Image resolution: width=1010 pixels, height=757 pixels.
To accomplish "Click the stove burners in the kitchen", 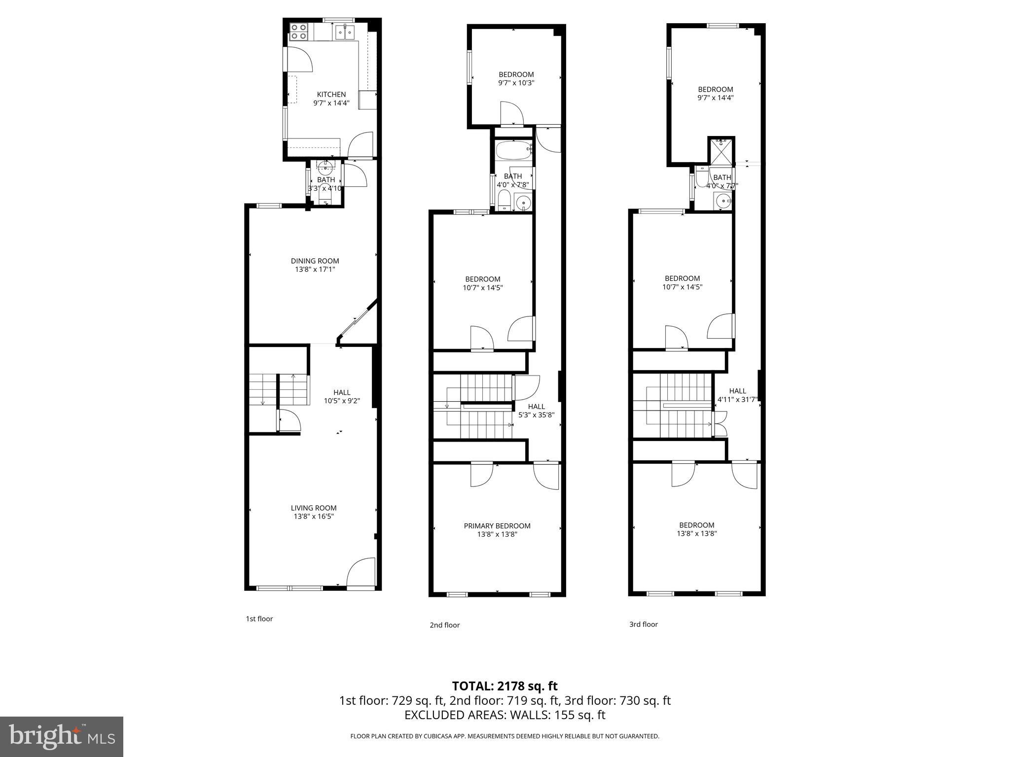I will point(298,32).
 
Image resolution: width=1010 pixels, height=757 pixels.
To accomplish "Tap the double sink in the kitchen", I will point(345,33).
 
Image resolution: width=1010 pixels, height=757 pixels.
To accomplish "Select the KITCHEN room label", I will point(331,94).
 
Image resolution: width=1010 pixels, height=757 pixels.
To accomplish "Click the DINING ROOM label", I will point(315,261).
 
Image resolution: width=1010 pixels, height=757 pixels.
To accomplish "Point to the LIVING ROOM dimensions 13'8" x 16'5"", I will point(314,516).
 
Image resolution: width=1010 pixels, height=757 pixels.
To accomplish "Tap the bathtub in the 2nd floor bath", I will point(513,150).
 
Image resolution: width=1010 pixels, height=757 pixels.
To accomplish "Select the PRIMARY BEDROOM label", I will point(497,526).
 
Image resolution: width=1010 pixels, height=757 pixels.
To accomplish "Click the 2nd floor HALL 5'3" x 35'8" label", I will point(536,411).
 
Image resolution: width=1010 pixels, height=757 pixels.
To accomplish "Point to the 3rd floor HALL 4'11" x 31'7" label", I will point(737,395).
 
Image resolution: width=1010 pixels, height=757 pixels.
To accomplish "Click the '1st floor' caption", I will point(259,619).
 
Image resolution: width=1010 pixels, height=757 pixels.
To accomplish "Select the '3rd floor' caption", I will point(643,624).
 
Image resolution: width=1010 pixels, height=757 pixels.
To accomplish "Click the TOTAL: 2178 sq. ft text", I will point(505,686).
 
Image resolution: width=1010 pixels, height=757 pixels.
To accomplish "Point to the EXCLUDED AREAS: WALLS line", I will point(505,715).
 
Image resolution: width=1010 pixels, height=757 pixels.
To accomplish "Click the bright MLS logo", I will point(62,737).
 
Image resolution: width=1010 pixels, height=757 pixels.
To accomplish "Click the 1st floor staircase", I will point(279,389).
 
